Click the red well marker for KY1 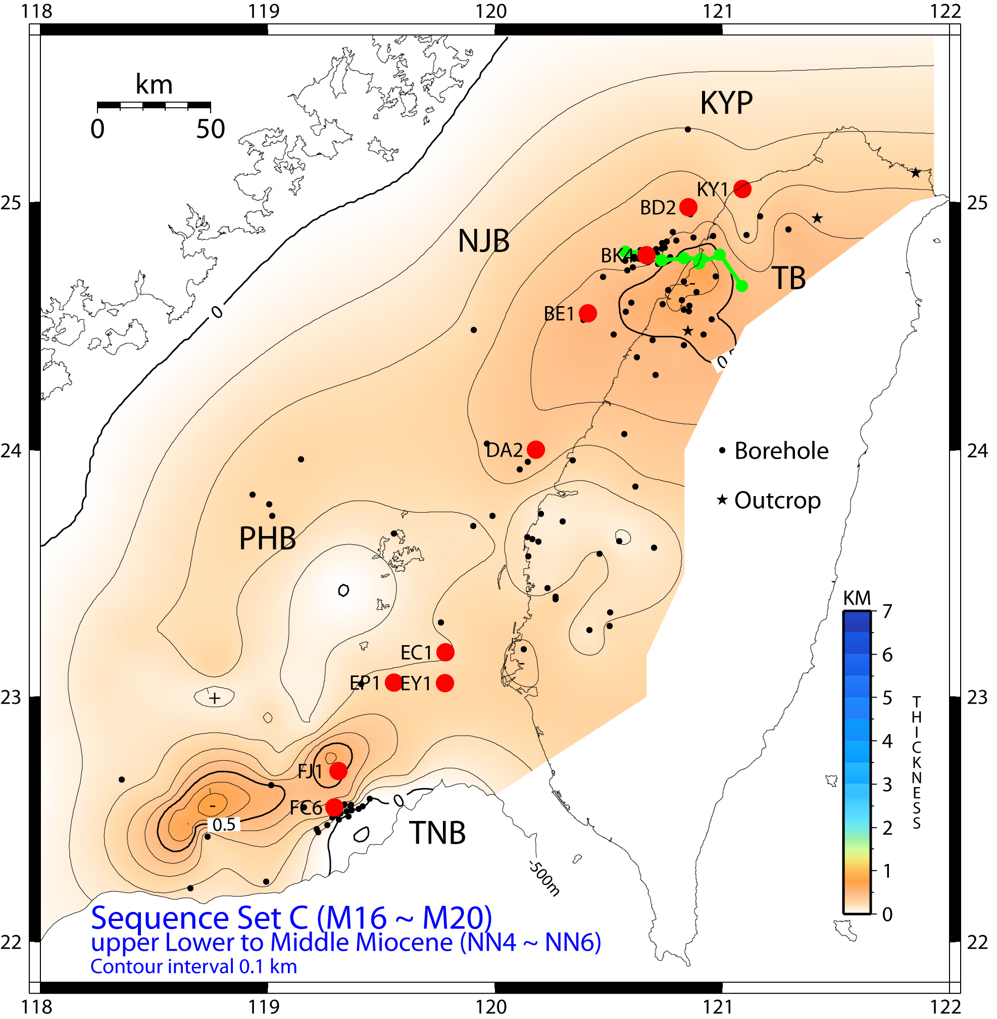coord(742,189)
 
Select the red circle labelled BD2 coord(688,207)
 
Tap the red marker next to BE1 coord(588,313)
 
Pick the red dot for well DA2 coord(536,449)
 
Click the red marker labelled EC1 coord(445,652)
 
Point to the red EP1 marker coord(393,683)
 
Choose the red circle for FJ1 coord(338,770)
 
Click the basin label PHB coord(267,539)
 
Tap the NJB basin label coord(483,241)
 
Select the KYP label coord(726,103)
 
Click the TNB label coord(437,833)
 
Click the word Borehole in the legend coord(781,451)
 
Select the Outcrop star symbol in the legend coord(722,500)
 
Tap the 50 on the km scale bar coord(211,129)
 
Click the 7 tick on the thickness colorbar coord(887,611)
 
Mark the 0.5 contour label coord(224,825)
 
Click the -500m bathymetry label coord(543,878)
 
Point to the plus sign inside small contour coord(214,698)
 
